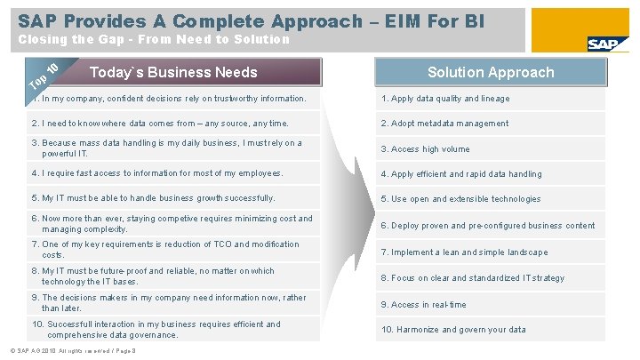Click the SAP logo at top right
pyautogui.click(x=607, y=44)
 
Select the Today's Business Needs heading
pyautogui.click(x=174, y=73)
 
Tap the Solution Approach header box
pyautogui.click(x=490, y=73)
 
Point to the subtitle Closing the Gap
pyautogui.click(x=154, y=39)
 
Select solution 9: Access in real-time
pyautogui.click(x=423, y=305)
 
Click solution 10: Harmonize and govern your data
pyautogui.click(x=453, y=330)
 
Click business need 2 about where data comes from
pyautogui.click(x=160, y=123)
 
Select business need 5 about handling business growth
pyautogui.click(x=153, y=198)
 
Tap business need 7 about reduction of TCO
pyautogui.click(x=164, y=249)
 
